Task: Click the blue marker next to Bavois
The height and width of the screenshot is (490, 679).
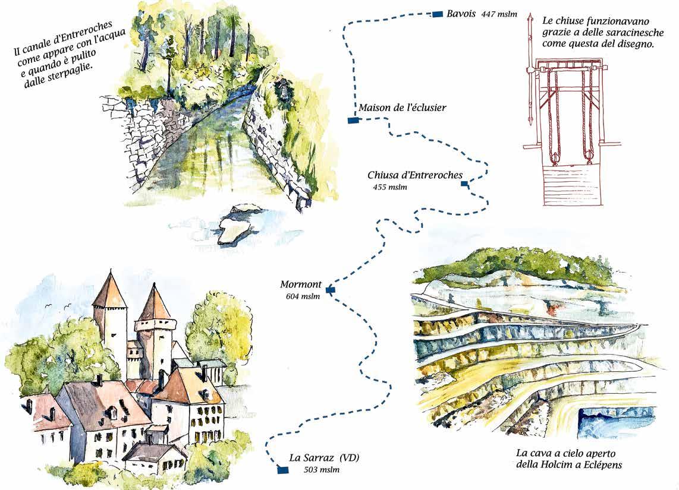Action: pos(438,14)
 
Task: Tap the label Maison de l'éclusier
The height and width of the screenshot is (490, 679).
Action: pos(402,108)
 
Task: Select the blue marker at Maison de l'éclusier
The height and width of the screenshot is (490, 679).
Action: pos(352,121)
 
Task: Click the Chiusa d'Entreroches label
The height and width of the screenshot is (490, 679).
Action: pos(414,175)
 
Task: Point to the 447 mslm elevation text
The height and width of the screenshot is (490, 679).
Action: pos(499,14)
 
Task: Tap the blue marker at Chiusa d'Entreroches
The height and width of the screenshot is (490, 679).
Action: pos(464,184)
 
